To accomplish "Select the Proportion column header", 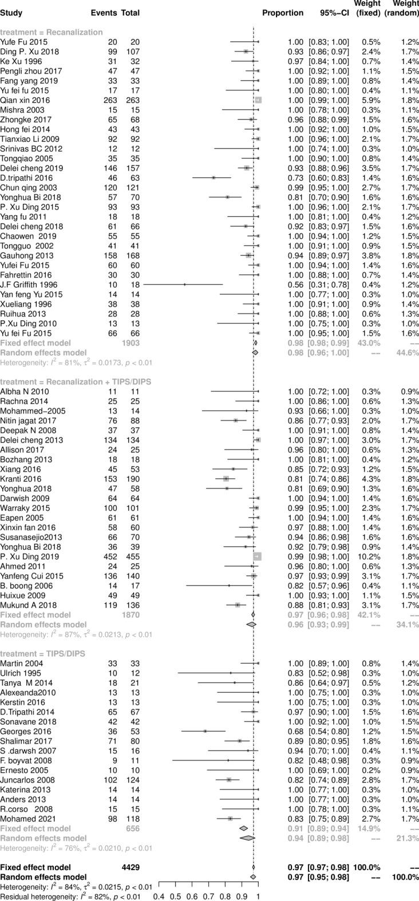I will [283, 13].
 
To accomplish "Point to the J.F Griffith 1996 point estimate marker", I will [185, 284].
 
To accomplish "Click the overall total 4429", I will [130, 866].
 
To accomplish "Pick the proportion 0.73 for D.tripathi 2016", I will [295, 178].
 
